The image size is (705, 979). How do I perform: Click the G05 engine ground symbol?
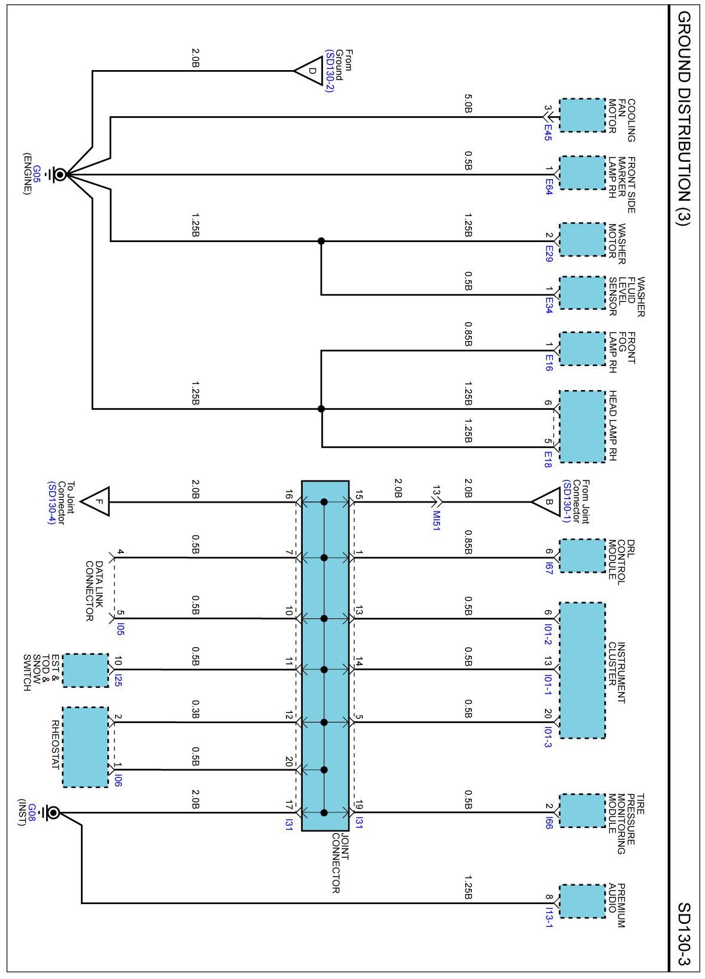click(x=60, y=174)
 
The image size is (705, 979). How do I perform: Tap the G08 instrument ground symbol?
click(x=53, y=812)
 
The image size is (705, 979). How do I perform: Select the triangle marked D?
click(x=309, y=71)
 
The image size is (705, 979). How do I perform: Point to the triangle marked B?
click(x=545, y=502)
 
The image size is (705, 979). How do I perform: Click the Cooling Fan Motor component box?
click(x=582, y=116)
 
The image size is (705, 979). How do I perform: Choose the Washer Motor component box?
click(x=582, y=240)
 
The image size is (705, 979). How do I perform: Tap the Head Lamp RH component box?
click(x=582, y=426)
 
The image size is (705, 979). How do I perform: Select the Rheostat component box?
click(x=85, y=747)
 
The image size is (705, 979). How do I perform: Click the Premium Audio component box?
click(x=582, y=901)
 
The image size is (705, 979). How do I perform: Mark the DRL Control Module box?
click(x=582, y=555)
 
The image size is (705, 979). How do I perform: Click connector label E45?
click(x=548, y=132)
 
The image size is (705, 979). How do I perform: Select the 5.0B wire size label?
click(x=468, y=108)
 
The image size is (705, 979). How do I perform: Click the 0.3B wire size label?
click(x=195, y=709)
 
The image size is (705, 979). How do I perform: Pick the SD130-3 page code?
click(x=684, y=935)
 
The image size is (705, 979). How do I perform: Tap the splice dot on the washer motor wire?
click(x=321, y=241)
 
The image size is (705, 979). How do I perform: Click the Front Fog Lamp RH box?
click(x=582, y=349)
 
